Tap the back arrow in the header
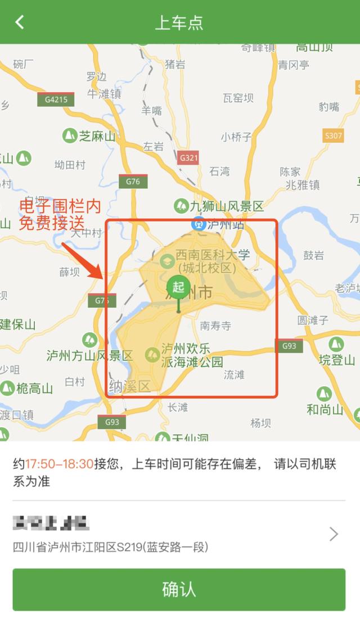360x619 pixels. [20, 22]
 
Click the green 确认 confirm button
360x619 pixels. [179, 589]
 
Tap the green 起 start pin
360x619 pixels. [178, 287]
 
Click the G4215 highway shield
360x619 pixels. [56, 100]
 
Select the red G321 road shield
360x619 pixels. [188, 157]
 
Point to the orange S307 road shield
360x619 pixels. [334, 135]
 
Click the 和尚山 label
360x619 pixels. [325, 409]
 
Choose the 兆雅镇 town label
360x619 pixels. [303, 184]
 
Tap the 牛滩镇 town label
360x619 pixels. [104, 94]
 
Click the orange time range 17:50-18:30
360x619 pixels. [59, 464]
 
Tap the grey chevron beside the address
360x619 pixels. [334, 534]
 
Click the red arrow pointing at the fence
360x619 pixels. [82, 260]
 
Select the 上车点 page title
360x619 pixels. [179, 22]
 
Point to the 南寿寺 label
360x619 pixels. [216, 325]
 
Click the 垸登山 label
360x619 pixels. [337, 360]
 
